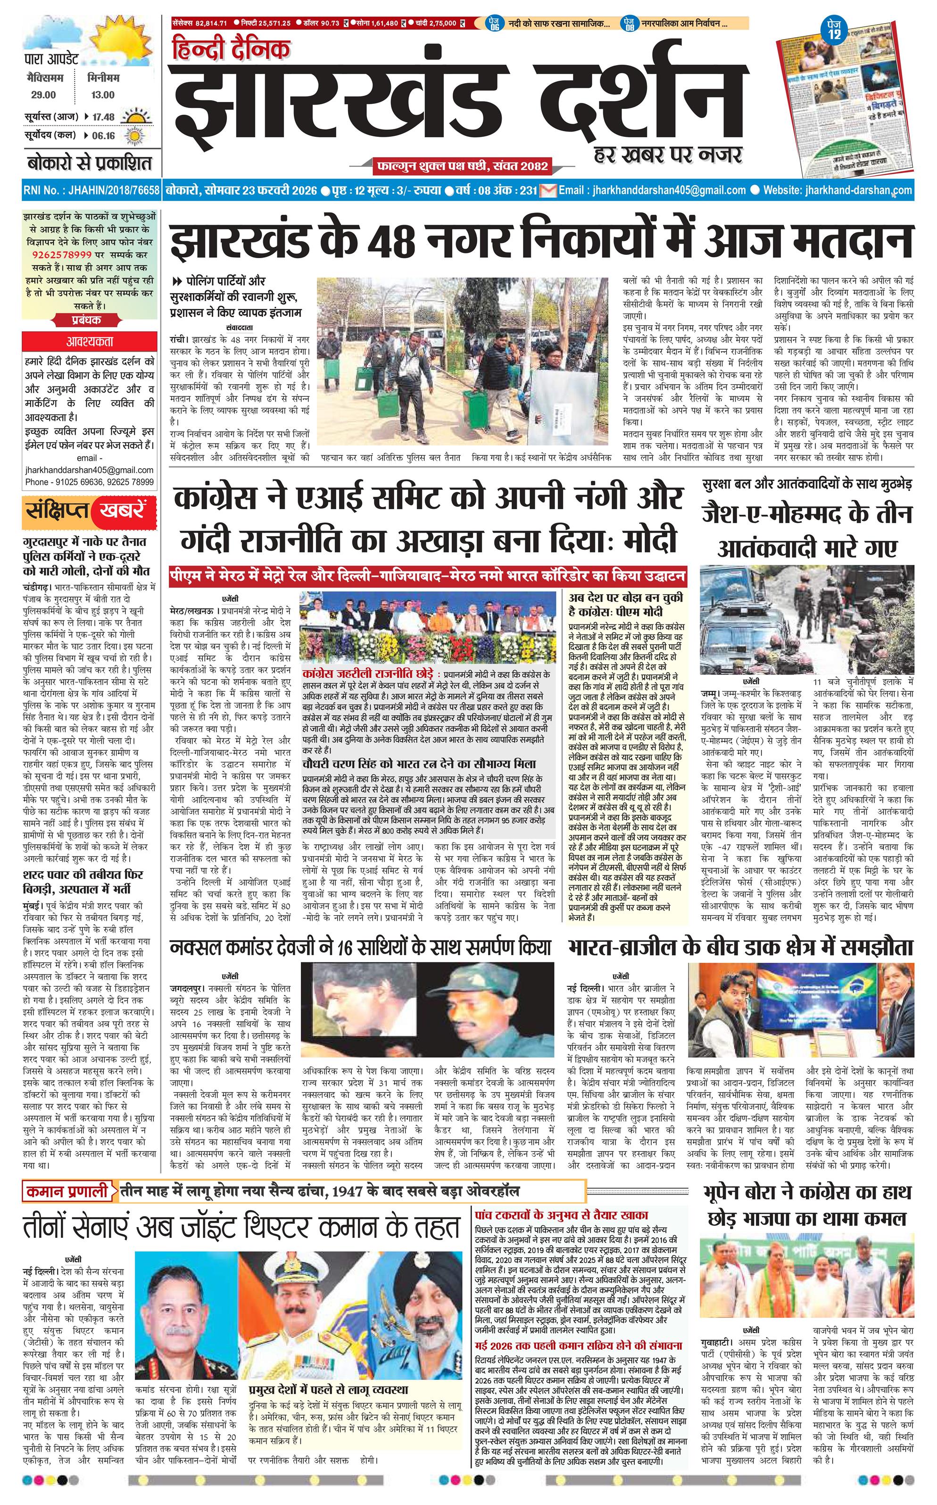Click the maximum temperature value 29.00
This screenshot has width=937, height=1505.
click(43, 95)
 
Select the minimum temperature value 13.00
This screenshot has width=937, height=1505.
click(102, 95)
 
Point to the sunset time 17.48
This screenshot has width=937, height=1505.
click(103, 117)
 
